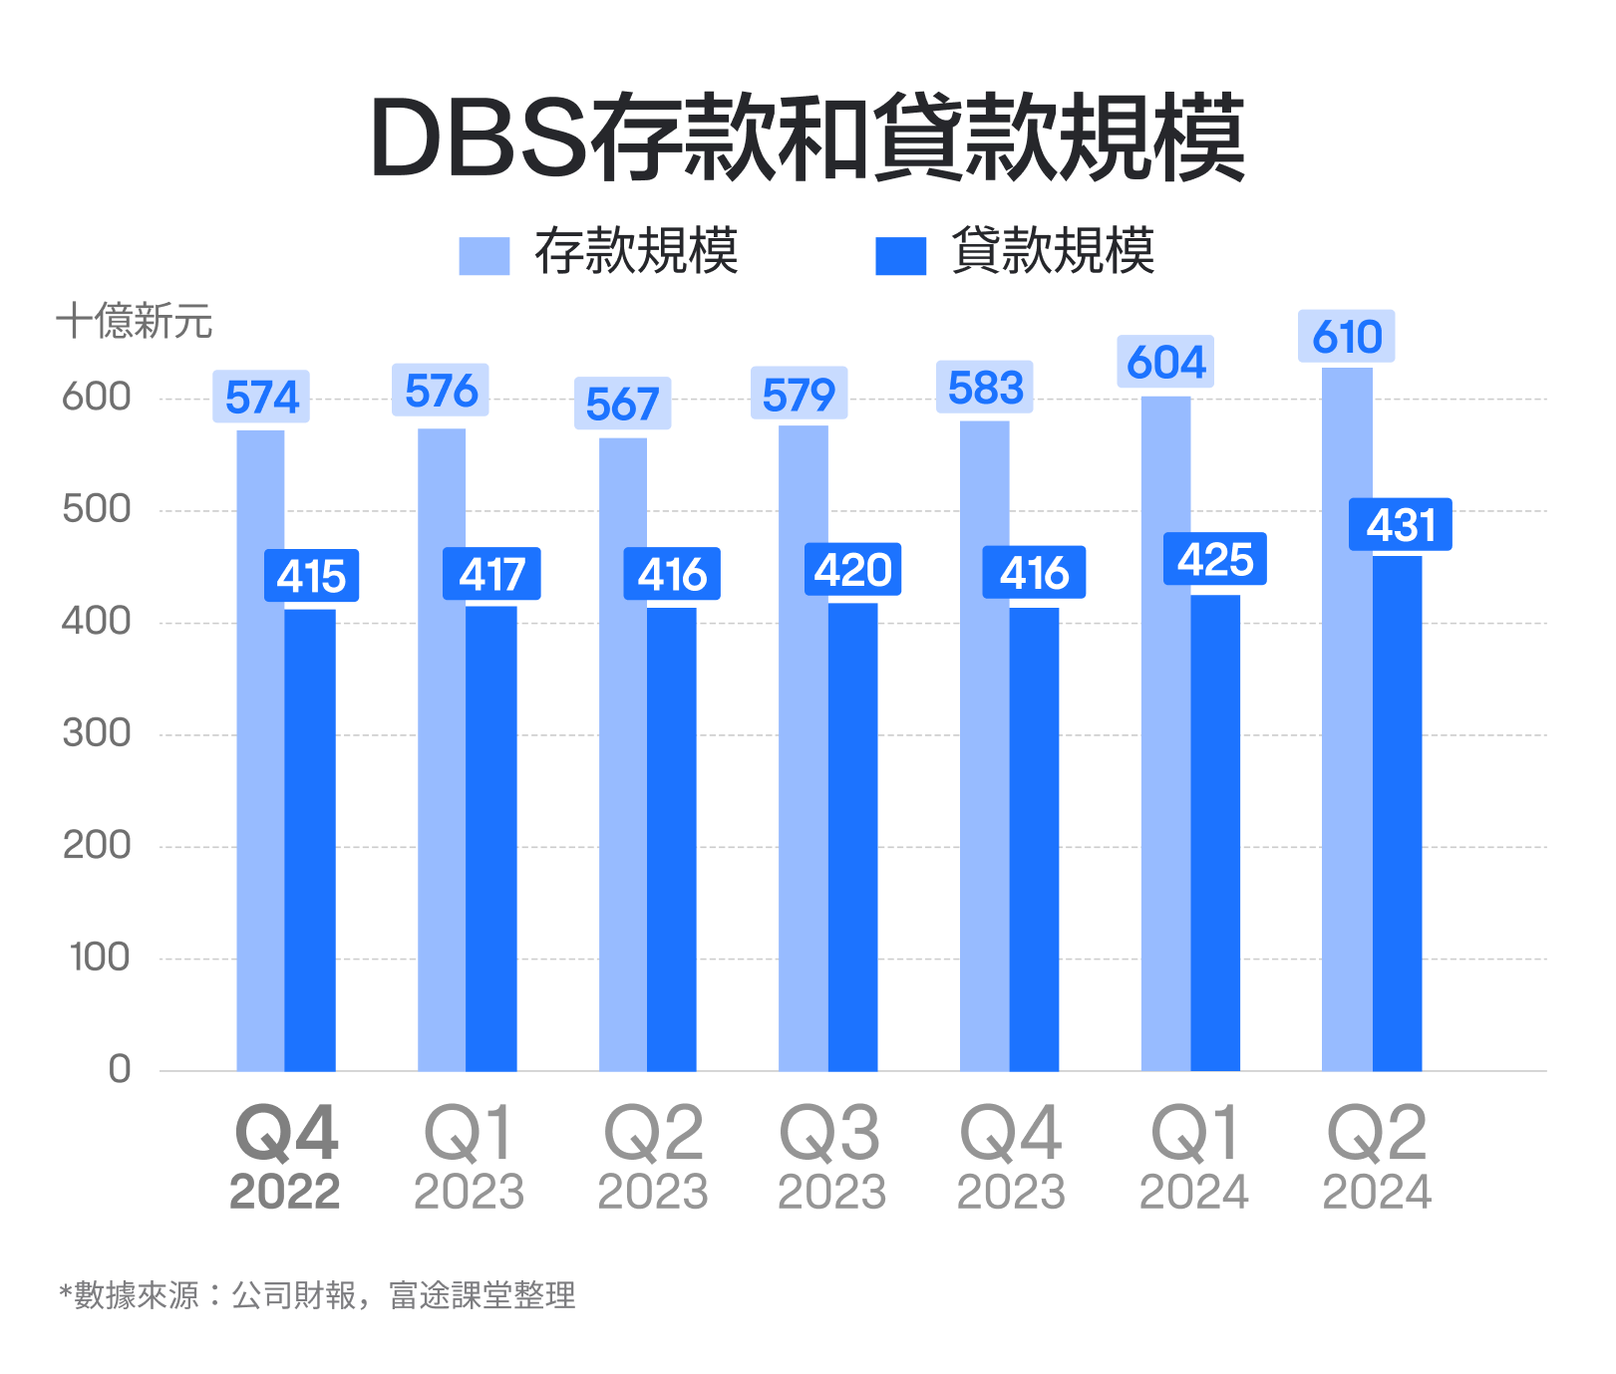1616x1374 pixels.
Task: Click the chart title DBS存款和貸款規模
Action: pos(808,137)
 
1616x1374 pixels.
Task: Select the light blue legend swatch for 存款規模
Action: pos(484,255)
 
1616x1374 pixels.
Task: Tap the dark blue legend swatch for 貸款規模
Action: pos(900,255)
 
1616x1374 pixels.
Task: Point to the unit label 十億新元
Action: pos(134,321)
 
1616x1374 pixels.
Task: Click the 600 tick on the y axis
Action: pos(97,397)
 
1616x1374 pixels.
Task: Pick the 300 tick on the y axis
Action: pos(97,733)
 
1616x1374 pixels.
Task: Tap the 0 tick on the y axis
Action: pos(119,1069)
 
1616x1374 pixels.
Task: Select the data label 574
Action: pos(261,398)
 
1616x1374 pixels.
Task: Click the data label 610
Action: pos(1346,337)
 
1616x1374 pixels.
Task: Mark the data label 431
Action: pos(1400,525)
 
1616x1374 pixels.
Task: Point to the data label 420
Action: pos(852,570)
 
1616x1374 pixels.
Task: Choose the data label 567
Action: pos(622,405)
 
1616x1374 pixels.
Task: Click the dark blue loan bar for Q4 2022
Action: pos(310,840)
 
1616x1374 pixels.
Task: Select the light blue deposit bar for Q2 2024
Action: pos(1346,717)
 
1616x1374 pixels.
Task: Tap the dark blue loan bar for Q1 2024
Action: pos(1215,833)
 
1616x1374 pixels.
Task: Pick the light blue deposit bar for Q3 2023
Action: pos(803,747)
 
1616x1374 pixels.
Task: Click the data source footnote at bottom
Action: pos(317,1295)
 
